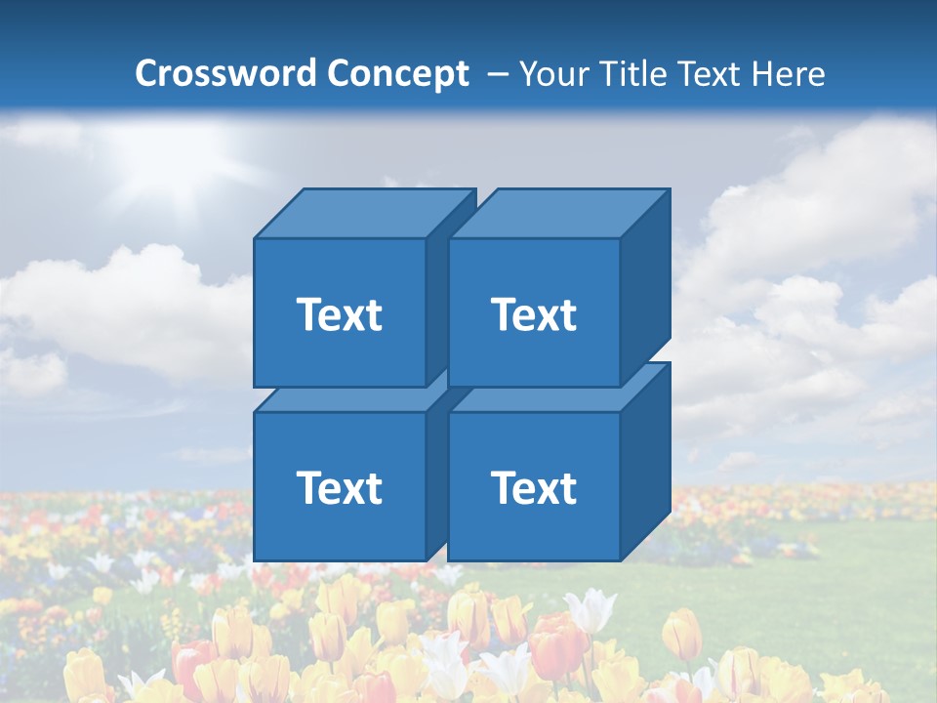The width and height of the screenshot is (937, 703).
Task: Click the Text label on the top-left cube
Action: [339, 314]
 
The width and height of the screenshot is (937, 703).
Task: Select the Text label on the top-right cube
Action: [533, 314]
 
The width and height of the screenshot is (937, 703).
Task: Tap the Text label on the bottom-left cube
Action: [339, 487]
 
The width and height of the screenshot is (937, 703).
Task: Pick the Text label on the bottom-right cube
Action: [533, 487]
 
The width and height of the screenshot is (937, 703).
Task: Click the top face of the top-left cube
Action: [363, 214]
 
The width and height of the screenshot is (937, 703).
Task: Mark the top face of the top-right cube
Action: [558, 214]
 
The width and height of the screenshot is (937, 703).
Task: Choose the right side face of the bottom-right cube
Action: [645, 459]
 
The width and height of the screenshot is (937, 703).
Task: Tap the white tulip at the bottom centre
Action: [444, 664]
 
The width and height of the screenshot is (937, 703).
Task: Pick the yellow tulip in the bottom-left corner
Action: [84, 674]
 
